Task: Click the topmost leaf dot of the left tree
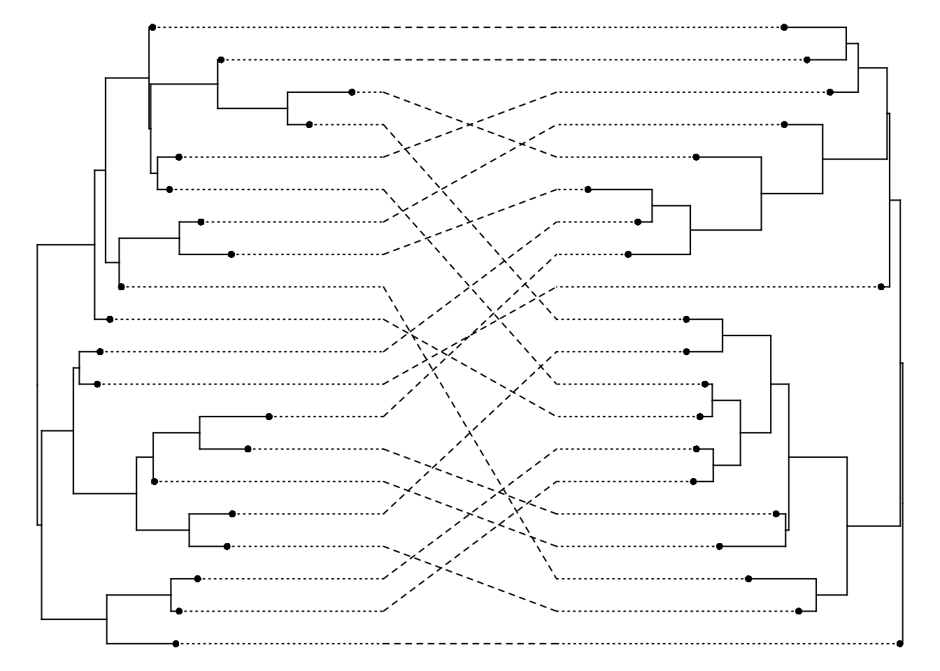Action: coord(152,27)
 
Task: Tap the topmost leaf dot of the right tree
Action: coord(784,27)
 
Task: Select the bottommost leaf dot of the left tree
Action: coord(176,643)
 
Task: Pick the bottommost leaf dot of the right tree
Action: coord(899,643)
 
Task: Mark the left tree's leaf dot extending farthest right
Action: coord(352,92)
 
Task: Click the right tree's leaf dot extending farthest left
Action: coord(588,189)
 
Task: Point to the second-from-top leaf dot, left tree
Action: coord(220,60)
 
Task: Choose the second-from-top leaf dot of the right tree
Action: coord(807,60)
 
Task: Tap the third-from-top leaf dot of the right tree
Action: coord(830,92)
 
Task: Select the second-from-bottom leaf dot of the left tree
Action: coord(179,611)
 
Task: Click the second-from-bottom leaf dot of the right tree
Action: coord(799,611)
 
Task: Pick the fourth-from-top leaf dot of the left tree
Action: coord(309,124)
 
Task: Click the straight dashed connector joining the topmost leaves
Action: coord(469,27)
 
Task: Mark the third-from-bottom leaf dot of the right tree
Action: coord(748,579)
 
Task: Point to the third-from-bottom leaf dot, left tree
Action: coord(197,579)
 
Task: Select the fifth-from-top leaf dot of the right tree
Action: coord(696,157)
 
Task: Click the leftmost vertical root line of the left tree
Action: coord(37,384)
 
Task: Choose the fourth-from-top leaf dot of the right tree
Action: coord(784,124)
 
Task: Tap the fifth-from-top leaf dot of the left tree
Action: coord(178,157)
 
